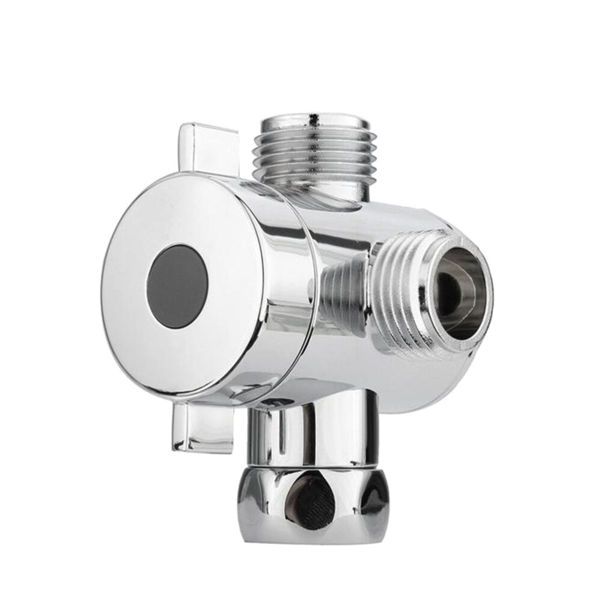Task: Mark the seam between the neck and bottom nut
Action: coord(307,466)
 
